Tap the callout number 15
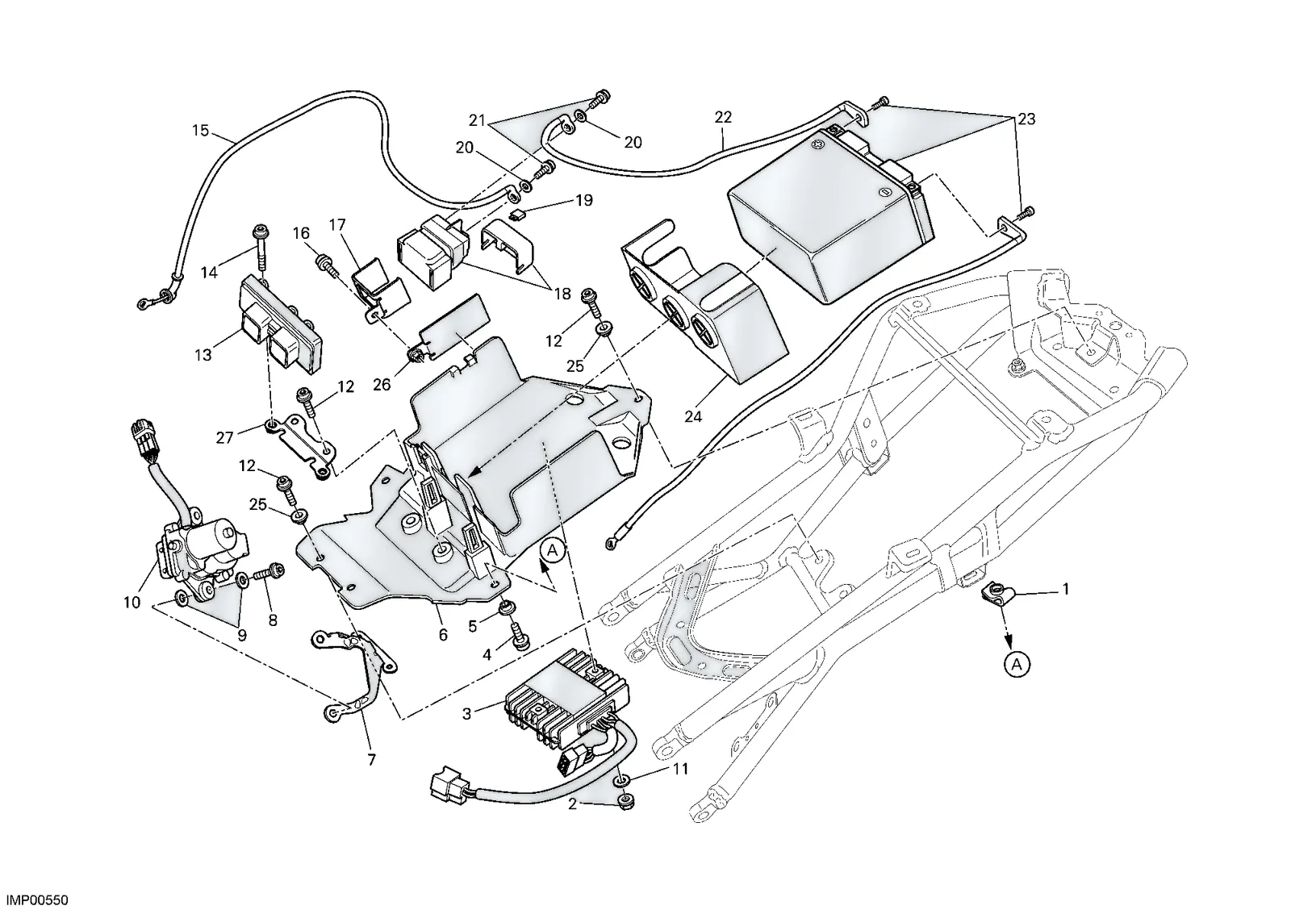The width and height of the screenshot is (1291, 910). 200,131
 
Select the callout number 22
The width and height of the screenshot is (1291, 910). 723,118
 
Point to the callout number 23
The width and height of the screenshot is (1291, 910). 1026,119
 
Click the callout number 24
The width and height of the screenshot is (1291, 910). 693,416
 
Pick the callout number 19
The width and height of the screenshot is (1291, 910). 584,201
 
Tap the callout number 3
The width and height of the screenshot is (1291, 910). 467,713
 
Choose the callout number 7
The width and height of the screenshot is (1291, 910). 371,760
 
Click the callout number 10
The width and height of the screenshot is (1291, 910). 132,603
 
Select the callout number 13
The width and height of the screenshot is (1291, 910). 203,355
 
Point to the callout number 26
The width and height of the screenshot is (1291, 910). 382,384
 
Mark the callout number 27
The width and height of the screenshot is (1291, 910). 225,439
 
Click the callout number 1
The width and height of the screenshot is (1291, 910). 1066,589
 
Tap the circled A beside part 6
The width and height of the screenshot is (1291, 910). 553,551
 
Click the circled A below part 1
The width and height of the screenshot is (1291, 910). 1017,665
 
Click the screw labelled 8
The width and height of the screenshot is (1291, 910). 268,572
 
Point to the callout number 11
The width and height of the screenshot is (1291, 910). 681,769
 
